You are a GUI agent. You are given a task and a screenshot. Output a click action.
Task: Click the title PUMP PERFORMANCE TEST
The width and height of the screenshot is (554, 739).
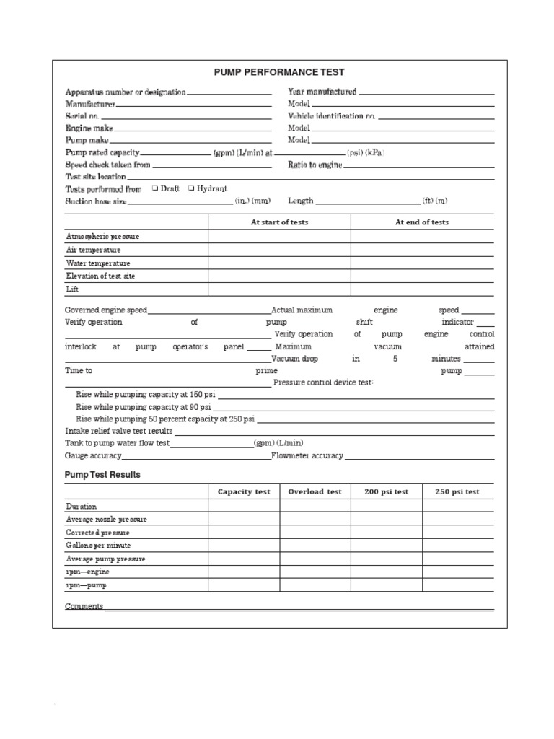pos(279,72)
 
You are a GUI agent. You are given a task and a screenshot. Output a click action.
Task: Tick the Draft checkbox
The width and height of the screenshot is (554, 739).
pos(156,188)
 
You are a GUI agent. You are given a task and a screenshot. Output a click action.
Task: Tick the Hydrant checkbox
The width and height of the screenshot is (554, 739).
pos(190,188)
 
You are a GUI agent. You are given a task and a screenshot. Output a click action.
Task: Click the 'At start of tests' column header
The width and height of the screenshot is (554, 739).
pos(279,222)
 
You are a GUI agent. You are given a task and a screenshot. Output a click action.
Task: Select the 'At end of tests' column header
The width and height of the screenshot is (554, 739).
pos(422,222)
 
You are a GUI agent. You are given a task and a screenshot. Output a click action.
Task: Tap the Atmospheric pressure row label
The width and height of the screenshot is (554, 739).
pos(103,237)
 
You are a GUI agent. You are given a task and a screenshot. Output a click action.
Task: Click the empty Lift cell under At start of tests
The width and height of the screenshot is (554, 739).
pos(279,289)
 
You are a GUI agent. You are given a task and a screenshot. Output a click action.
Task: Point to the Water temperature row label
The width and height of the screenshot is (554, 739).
pos(99,263)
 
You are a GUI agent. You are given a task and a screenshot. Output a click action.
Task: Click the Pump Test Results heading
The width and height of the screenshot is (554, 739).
pos(102,475)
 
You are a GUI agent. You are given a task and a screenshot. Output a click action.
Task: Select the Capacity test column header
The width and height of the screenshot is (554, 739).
pos(244,491)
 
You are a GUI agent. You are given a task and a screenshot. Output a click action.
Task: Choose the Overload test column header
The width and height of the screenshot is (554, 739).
pos(315,491)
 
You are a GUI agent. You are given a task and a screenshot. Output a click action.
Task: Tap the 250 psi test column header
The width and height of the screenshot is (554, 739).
pos(457,491)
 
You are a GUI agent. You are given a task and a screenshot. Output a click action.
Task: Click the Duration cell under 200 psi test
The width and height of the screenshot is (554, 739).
pos(386,506)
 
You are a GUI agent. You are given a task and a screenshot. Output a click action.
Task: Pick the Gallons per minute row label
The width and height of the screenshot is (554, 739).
pos(99,546)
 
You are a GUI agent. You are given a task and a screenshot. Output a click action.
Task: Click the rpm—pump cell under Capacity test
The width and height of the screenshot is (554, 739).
pos(244,585)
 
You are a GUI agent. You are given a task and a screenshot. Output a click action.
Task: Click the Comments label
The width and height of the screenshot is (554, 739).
pos(84,606)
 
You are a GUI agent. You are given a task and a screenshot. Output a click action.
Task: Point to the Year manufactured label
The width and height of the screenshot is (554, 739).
pos(322,92)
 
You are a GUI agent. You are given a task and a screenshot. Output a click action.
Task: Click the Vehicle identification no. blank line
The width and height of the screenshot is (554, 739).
pos(436,117)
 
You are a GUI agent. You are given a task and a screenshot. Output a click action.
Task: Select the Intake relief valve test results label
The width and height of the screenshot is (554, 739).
pos(119,431)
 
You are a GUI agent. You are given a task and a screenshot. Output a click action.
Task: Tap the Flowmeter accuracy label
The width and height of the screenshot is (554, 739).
pos(307,456)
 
